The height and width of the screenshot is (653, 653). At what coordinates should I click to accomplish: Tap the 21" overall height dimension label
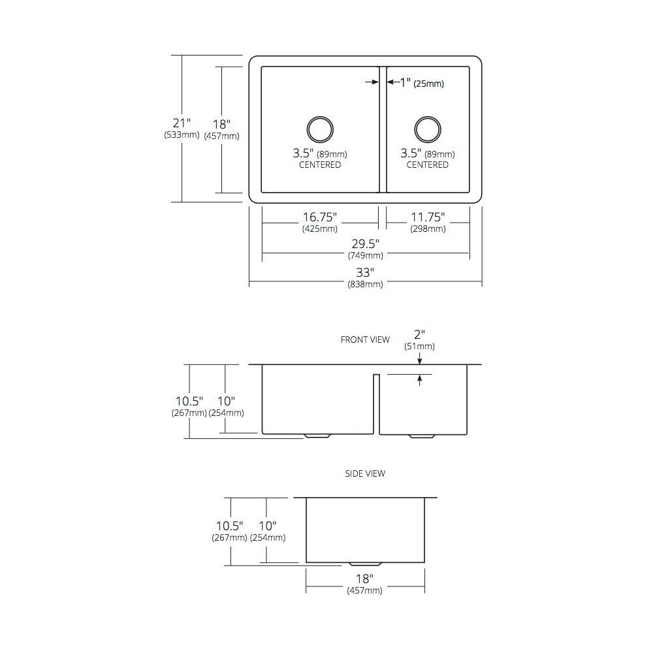[x=182, y=123]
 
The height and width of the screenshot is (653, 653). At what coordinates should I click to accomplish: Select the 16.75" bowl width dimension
[x=320, y=217]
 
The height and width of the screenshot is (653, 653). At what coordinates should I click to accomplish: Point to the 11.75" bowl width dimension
[x=428, y=217]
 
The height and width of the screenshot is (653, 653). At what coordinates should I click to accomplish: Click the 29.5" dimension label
[x=365, y=244]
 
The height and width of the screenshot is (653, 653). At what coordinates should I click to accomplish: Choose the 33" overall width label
[x=365, y=272]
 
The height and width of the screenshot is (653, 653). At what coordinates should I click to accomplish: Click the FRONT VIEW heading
[x=365, y=340]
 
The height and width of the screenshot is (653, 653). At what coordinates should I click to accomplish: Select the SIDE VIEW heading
[x=365, y=473]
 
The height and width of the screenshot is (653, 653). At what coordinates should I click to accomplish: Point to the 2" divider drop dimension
[x=419, y=334]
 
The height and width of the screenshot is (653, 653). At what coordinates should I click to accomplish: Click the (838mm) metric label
[x=365, y=285]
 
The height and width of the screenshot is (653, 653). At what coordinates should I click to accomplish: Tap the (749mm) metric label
[x=365, y=256]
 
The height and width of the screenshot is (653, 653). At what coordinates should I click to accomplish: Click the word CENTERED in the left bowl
[x=320, y=165]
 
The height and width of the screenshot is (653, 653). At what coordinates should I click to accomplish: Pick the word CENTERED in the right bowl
[x=427, y=165]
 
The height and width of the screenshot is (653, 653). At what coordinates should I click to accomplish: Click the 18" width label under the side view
[x=365, y=579]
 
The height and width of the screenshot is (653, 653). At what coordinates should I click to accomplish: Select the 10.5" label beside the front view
[x=189, y=401]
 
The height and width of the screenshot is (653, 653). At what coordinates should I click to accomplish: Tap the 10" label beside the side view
[x=268, y=526]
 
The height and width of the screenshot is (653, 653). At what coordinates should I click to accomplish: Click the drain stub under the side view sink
[x=365, y=564]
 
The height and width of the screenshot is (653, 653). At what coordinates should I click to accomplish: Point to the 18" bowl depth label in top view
[x=221, y=124]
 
